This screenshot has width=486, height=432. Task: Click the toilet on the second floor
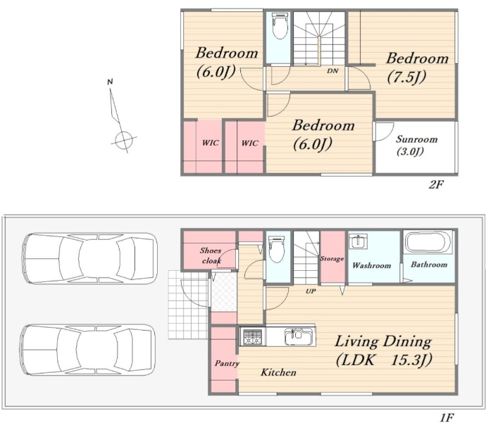tap(279, 26)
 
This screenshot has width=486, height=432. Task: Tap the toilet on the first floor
tap(277, 249)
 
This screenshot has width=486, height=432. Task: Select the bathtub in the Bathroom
tap(428, 242)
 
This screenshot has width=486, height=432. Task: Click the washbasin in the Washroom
tap(358, 241)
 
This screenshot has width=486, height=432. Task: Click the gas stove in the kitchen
tap(253, 336)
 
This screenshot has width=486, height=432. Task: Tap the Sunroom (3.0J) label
tap(416, 145)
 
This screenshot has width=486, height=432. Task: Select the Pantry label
tap(227, 363)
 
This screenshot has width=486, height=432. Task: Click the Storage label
tap(332, 259)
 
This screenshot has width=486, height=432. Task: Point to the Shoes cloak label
tap(211, 255)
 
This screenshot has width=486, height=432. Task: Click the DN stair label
tap(332, 71)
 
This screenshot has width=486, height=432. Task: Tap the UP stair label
tap(311, 291)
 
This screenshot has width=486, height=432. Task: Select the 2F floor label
tap(436, 184)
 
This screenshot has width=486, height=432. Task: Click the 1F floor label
tap(447, 418)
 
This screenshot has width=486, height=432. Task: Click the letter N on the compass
tap(110, 82)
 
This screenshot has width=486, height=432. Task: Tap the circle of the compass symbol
tap(124, 140)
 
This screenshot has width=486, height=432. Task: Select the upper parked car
tap(89, 258)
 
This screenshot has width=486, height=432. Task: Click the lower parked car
tap(87, 350)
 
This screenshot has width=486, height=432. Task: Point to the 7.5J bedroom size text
tap(406, 77)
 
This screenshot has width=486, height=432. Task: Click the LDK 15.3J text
tap(384, 360)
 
